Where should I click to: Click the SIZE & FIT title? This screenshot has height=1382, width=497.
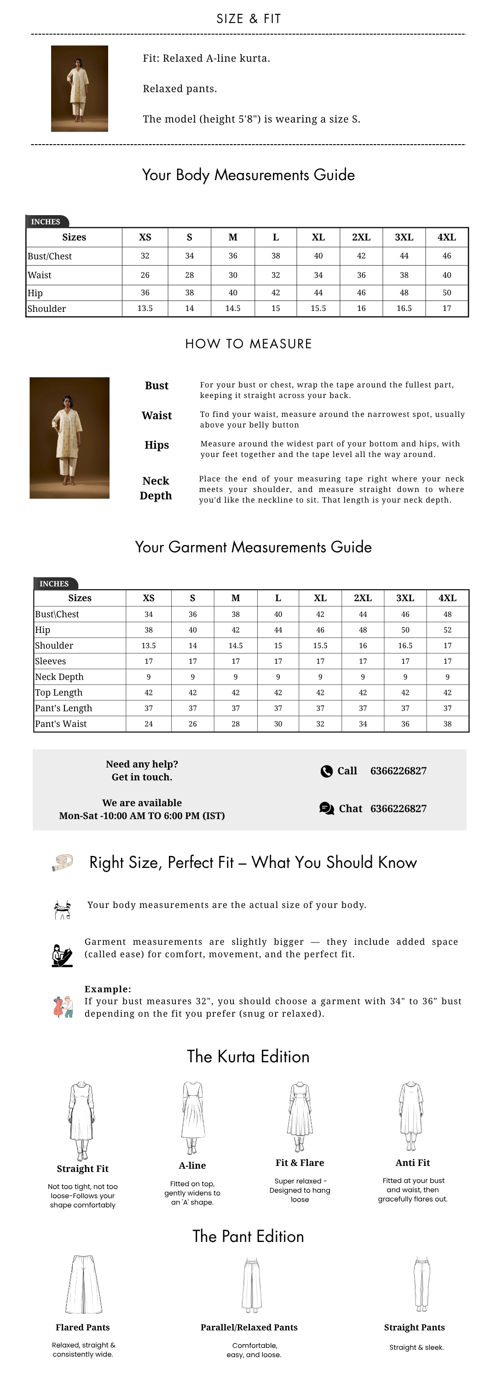(x=248, y=19)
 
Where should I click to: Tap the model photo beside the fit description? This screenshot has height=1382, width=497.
(x=79, y=88)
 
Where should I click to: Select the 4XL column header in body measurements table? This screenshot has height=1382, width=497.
(x=446, y=237)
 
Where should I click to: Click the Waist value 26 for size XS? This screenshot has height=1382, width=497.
(x=145, y=275)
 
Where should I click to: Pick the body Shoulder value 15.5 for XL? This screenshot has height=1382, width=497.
(x=318, y=309)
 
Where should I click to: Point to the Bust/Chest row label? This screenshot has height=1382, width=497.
(x=50, y=257)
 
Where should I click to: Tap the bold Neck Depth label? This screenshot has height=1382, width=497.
(x=156, y=488)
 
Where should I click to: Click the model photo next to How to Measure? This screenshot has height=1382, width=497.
(x=69, y=438)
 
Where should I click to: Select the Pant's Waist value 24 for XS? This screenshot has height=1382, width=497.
(x=149, y=724)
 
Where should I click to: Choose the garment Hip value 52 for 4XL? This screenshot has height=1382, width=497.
(x=447, y=630)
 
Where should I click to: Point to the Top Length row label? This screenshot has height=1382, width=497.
(x=58, y=692)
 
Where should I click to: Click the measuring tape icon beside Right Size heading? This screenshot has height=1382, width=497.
(x=62, y=861)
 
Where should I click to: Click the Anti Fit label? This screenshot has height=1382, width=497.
(x=412, y=1163)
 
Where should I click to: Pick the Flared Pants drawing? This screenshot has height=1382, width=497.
(x=83, y=1284)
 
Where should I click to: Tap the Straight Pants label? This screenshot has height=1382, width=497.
(x=414, y=1327)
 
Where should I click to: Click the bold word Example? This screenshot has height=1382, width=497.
(x=108, y=989)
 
